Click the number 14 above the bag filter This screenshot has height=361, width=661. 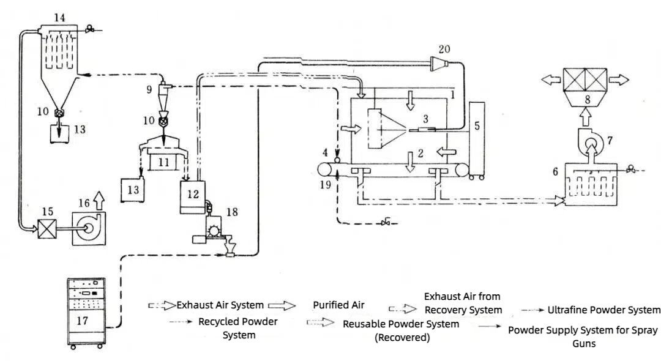59,18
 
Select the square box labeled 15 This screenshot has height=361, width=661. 47,229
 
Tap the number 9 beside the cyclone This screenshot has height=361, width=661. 149,89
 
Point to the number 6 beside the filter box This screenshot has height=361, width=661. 556,173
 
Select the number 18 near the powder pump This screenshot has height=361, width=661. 231,212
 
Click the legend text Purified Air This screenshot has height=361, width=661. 338,305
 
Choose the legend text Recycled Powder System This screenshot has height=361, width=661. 238,327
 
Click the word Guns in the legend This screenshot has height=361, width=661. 584,343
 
